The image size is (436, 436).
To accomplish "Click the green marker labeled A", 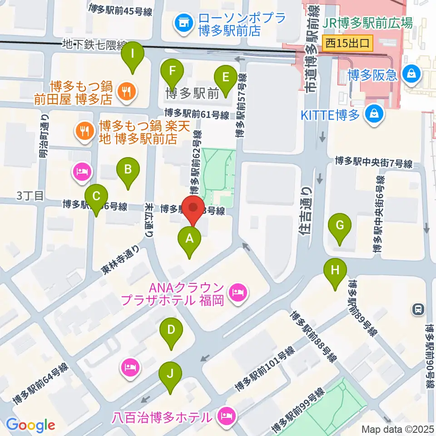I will (190, 238).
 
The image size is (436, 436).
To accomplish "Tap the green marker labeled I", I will (133, 54).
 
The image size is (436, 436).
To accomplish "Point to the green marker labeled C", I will (96, 197).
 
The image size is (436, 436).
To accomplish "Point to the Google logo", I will (30, 425).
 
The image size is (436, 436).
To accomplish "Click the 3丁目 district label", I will (30, 196).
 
